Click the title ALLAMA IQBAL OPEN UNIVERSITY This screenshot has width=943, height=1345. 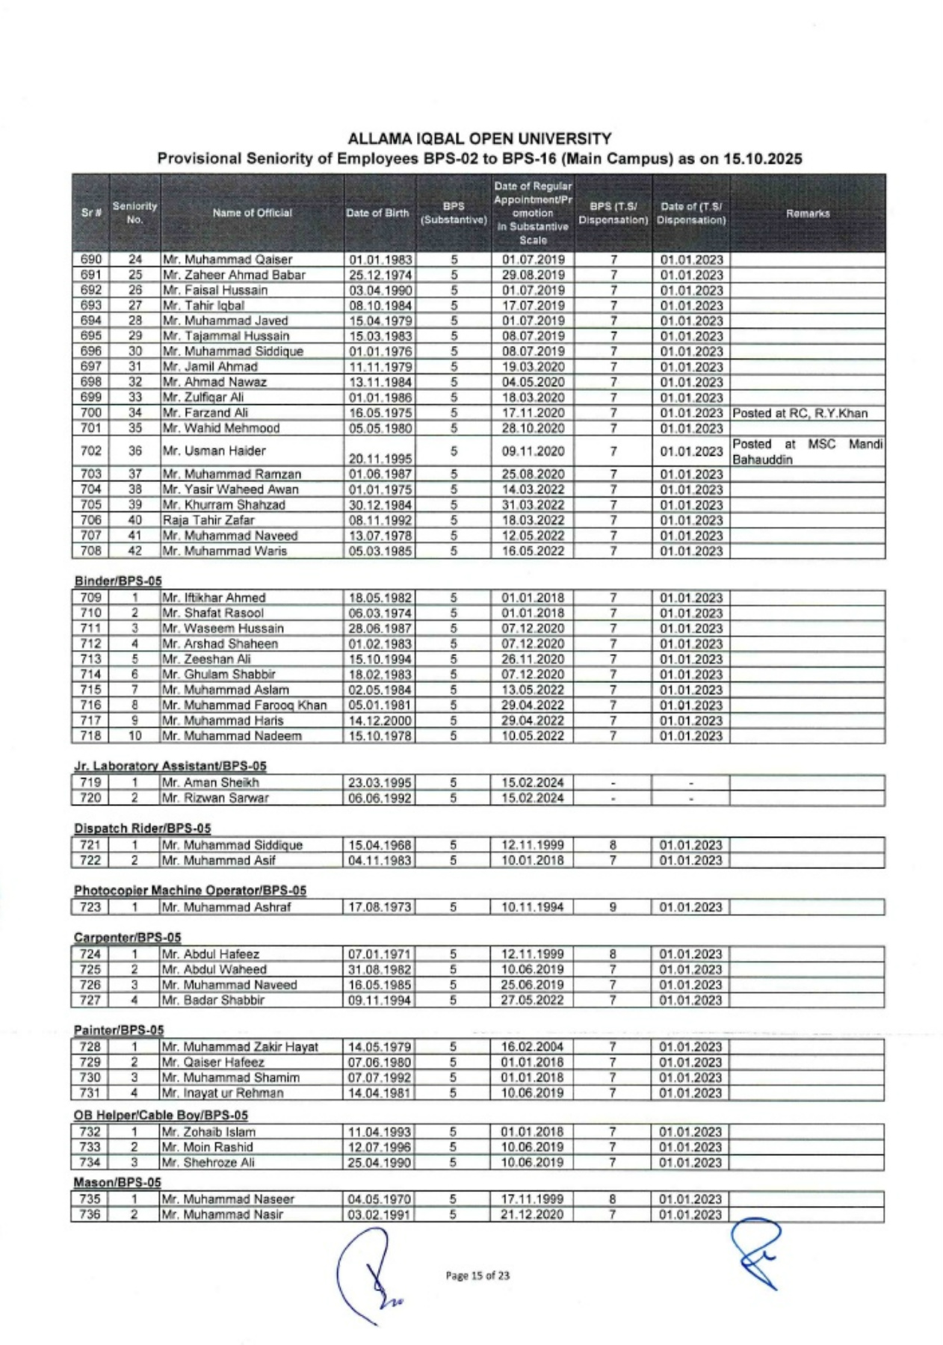pyautogui.click(x=479, y=139)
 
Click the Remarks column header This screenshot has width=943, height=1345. pyautogui.click(x=807, y=214)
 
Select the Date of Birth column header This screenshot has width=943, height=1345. pyautogui.click(x=377, y=213)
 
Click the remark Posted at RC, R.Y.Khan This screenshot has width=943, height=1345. pyautogui.click(x=799, y=413)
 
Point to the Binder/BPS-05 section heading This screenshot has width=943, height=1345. pyautogui.click(x=117, y=581)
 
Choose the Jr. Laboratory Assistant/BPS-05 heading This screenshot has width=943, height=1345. pyautogui.click(x=170, y=766)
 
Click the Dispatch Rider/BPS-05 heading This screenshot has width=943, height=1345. pyautogui.click(x=142, y=829)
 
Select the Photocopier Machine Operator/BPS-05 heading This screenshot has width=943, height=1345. pyautogui.click(x=190, y=891)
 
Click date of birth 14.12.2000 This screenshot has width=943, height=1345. pyautogui.click(x=380, y=721)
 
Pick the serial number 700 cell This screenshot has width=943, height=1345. pyautogui.click(x=90, y=413)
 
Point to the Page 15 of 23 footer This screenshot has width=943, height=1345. pyautogui.click(x=477, y=1276)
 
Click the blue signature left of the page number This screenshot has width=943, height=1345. pyautogui.click(x=368, y=1272)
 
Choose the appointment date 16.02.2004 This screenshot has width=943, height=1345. pyautogui.click(x=532, y=1047)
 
